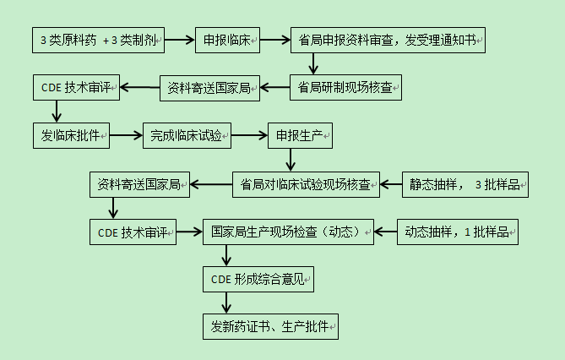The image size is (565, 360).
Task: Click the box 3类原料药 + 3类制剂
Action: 99,40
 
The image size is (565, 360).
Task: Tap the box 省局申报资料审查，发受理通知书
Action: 388,40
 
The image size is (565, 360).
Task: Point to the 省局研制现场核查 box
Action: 346,87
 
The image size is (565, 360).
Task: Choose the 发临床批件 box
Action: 72,134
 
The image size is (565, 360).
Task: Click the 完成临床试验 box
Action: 187,134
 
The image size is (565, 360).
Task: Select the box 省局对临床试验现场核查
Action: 307,184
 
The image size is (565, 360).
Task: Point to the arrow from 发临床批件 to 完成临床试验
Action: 126,134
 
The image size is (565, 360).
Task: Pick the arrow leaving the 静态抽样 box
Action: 391,184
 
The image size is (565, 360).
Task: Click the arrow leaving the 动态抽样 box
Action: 385,232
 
